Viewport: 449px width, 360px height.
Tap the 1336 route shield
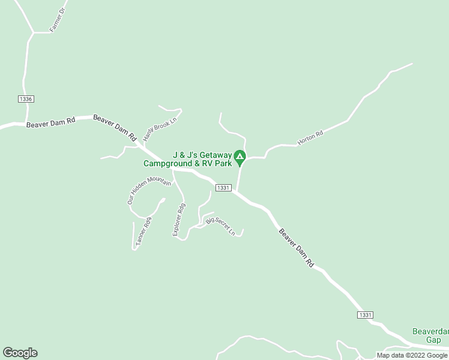pos(26,99)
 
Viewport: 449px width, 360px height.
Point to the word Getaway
pos(212,154)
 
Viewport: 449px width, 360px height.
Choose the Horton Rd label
pos(310,138)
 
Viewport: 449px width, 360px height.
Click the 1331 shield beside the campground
pos(223,188)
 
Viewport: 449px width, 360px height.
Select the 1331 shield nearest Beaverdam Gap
pos(365,315)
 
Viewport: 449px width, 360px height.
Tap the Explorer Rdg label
pos(179,219)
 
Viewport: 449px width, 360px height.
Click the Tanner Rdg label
pos(143,230)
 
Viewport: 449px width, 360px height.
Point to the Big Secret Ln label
pos(220,226)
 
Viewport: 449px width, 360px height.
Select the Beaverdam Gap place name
pos(430,335)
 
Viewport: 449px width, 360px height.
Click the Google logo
pos(20,353)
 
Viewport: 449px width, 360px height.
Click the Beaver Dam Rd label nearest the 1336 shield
pos(50,122)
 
